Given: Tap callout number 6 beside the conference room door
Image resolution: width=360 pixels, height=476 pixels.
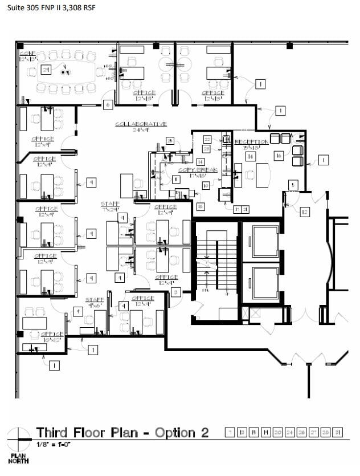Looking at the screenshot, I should click(107, 104).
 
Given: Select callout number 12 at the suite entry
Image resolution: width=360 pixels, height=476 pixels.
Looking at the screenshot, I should click(305, 212).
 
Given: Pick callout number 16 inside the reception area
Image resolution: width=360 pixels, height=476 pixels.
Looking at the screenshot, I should click(279, 155).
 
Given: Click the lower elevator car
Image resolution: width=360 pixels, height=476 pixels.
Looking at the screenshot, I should click(261, 279).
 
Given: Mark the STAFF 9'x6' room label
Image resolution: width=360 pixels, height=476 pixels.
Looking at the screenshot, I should click(95, 302).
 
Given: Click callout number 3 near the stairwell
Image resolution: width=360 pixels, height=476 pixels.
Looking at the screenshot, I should click(176, 292).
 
